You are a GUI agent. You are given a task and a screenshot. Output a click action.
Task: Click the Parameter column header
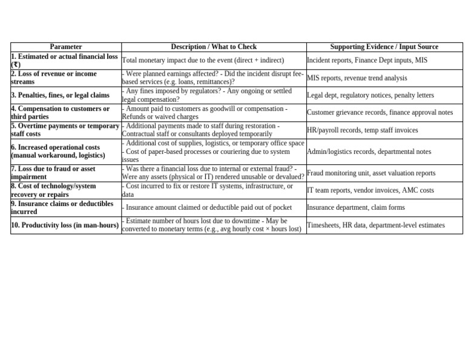[x=65, y=47]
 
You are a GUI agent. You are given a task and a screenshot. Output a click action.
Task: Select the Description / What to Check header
[x=214, y=47]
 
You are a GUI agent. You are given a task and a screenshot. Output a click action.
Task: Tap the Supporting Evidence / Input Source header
[x=384, y=47]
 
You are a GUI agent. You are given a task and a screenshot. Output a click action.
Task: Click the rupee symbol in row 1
[x=16, y=64]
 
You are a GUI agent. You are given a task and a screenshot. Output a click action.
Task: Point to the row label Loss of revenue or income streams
[x=53, y=78]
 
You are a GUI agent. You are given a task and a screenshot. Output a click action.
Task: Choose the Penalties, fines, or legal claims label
[x=60, y=95]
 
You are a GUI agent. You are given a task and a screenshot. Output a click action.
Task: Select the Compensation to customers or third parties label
[x=60, y=113]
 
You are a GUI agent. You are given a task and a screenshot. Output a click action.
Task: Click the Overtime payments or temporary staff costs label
[x=65, y=130]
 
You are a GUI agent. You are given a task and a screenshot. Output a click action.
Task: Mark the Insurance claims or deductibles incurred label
[x=62, y=208]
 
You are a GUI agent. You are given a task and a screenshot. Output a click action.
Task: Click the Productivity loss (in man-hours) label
[x=64, y=225]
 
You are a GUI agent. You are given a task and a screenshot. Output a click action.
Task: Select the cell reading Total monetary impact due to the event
[x=203, y=60]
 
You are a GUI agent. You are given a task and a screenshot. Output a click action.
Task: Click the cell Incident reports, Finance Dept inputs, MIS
[x=367, y=60]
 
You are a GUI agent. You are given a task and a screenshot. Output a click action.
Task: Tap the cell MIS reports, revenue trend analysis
[x=357, y=78]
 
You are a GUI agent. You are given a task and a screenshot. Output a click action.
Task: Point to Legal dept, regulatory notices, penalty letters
[x=370, y=95]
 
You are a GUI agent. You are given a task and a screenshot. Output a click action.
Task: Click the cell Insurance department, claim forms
[x=355, y=207]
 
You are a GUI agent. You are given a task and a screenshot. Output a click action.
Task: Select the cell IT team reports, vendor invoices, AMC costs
[x=370, y=190]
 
